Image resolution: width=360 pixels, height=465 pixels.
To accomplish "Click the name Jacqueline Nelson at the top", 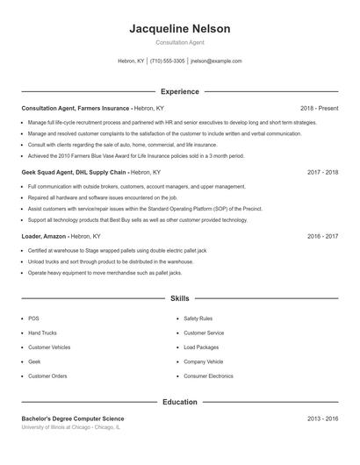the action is pyautogui.click(x=179, y=29).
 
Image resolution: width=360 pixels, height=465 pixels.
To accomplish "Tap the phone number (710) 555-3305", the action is pyautogui.click(x=167, y=61).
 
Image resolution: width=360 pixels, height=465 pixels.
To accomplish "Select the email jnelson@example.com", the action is pyautogui.click(x=215, y=61).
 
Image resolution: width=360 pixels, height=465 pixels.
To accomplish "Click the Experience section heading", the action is pyautogui.click(x=179, y=91).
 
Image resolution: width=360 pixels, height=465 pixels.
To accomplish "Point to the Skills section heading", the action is pyautogui.click(x=179, y=299).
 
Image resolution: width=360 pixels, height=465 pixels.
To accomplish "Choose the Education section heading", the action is pyautogui.click(x=179, y=402).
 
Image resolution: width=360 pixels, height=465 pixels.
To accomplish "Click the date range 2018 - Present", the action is pyautogui.click(x=319, y=108).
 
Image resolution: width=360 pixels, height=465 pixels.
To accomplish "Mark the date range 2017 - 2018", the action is pyautogui.click(x=322, y=173).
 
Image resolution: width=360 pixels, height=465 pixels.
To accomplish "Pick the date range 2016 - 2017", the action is pyautogui.click(x=322, y=236).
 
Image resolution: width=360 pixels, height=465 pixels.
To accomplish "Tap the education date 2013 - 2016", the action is pyautogui.click(x=322, y=419).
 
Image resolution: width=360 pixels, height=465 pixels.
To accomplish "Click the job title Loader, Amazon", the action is pyautogui.click(x=42, y=236).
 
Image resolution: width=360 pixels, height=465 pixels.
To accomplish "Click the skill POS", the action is pyautogui.click(x=33, y=318).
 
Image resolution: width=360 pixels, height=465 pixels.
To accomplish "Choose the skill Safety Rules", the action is pyautogui.click(x=198, y=318).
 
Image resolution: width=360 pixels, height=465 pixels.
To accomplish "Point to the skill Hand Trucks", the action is pyautogui.click(x=42, y=333).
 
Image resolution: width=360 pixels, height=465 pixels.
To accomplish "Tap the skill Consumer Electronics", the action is pyautogui.click(x=208, y=376).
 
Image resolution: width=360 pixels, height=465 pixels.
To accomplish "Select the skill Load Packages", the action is pyautogui.click(x=201, y=347).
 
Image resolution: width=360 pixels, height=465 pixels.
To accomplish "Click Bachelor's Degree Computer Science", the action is pyautogui.click(x=73, y=419).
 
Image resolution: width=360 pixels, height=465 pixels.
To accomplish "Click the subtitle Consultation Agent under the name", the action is pyautogui.click(x=179, y=42).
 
